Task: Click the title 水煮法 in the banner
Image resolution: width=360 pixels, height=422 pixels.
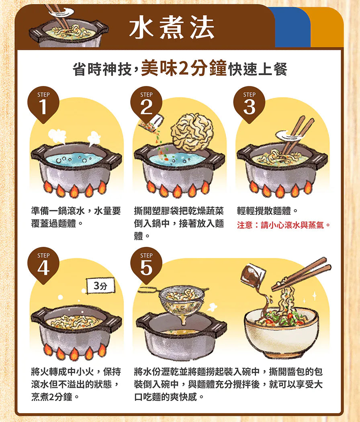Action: point(172,28)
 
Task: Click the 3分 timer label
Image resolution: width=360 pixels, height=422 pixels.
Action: point(100,285)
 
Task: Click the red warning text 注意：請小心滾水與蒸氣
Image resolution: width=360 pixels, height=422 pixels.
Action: point(284,225)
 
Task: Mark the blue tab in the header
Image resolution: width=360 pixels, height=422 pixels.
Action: point(292,27)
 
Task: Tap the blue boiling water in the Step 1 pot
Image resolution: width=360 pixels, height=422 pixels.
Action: point(74,159)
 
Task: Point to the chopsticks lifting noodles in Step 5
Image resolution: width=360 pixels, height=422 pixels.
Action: point(301,274)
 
